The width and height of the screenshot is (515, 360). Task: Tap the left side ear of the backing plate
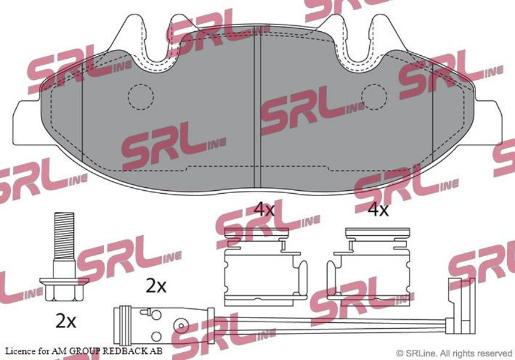tap(27, 122)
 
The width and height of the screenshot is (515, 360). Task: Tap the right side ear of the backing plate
tap(488, 122)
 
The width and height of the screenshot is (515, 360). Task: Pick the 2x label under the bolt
tap(65, 321)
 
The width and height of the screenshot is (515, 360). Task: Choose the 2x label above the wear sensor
tap(156, 286)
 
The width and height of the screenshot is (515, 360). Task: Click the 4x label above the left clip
tap(265, 209)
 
